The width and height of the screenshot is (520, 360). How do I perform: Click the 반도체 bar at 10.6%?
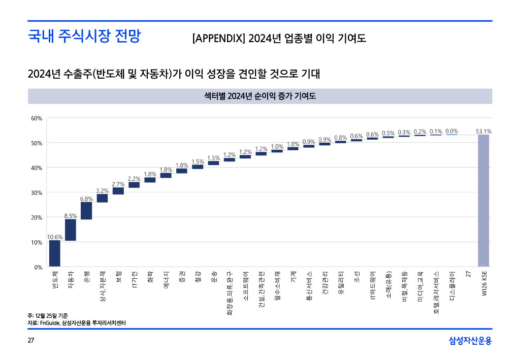[54, 253]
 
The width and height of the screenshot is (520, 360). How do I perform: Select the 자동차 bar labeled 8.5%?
[71, 230]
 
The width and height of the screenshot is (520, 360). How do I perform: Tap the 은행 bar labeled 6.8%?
[86, 211]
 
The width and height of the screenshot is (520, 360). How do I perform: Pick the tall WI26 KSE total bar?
[483, 201]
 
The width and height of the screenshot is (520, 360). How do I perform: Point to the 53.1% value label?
[483, 132]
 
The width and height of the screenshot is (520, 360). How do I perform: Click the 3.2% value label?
[103, 191]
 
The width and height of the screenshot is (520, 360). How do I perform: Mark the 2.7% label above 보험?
[118, 184]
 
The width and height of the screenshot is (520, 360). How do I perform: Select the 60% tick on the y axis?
[37, 118]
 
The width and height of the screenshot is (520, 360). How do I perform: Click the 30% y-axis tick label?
[37, 193]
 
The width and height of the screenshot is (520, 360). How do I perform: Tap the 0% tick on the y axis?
[38, 267]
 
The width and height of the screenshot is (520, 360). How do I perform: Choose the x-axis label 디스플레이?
[452, 283]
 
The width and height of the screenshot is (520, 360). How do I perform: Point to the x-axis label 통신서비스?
[309, 285]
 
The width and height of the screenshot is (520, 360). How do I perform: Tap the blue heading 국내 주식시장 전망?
[84, 37]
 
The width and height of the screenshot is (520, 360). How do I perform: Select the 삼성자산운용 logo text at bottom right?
[470, 340]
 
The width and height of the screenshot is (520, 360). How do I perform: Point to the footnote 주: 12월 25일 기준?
[47, 316]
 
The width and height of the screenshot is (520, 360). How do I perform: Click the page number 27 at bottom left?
[30, 340]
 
